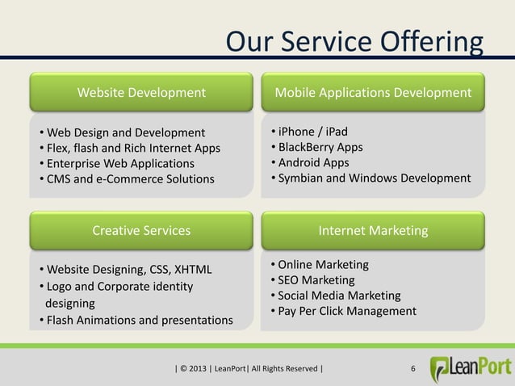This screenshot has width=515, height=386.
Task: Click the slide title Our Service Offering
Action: coord(354,41)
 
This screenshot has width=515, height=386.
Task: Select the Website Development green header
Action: coord(141,93)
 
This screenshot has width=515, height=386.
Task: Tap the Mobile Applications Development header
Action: coord(373,93)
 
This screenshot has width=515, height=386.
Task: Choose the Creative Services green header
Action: coord(141,230)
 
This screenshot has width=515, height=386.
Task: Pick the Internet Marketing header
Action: coord(373,231)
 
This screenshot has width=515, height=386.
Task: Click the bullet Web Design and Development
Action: coord(125,132)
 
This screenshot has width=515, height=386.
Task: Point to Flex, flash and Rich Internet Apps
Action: coord(132,148)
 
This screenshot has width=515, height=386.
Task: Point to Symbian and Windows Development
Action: coord(374,178)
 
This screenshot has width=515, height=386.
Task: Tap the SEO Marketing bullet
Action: coord(316,280)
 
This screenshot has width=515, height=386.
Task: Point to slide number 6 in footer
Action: coord(413,371)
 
